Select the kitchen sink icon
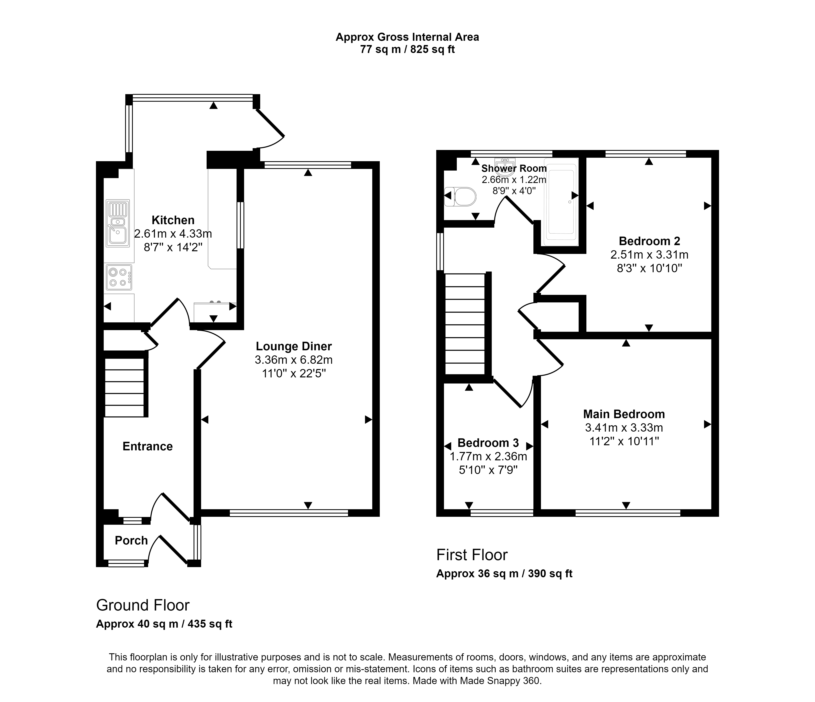(x=118, y=223)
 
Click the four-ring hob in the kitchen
(x=119, y=277)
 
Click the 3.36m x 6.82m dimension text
(x=294, y=360)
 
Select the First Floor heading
(x=472, y=555)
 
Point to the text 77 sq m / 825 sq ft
(x=407, y=50)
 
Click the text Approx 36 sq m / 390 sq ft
(x=504, y=574)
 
